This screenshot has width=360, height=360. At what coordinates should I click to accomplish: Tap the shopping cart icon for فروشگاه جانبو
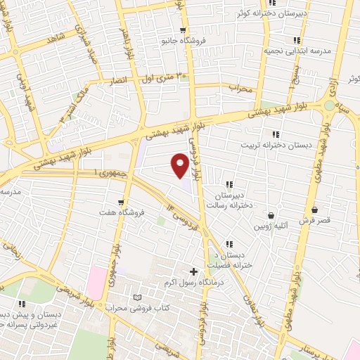[183, 30]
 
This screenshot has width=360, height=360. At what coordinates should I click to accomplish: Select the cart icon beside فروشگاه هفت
[121, 202]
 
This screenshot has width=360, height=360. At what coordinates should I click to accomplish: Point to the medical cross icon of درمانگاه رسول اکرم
[193, 271]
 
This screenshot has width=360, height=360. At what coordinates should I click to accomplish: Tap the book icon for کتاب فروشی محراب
[137, 298]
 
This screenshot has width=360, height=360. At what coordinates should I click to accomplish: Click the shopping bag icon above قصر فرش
[314, 210]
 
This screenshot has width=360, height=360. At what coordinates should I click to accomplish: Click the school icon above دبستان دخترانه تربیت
[276, 134]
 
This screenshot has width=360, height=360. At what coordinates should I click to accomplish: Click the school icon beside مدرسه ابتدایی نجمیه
[297, 40]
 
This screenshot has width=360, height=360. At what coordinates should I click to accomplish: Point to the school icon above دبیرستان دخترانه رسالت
[229, 184]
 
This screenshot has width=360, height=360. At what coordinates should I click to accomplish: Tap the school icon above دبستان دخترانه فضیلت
[229, 243]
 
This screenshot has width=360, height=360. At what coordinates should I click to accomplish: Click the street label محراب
[240, 89]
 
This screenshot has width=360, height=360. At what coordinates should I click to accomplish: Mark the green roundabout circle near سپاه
[329, 106]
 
